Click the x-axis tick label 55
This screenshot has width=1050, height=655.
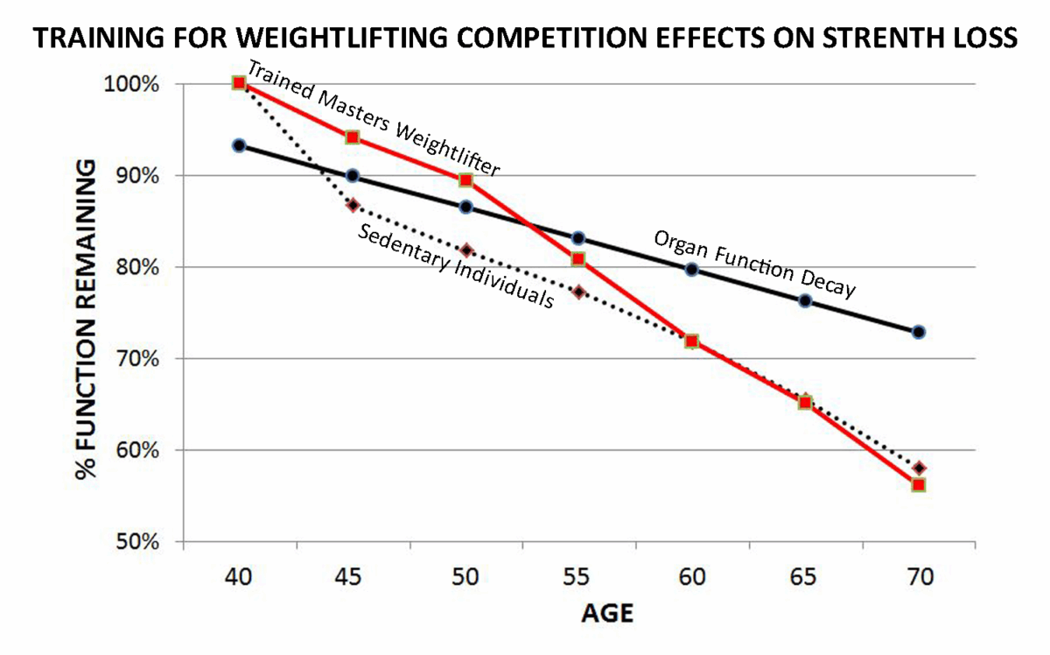577,577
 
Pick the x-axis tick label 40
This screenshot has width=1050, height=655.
239,577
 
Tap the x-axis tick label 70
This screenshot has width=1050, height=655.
918,577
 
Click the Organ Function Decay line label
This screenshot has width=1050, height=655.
754,264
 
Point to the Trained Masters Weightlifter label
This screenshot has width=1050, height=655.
374,121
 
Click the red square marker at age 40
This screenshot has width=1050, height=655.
239,82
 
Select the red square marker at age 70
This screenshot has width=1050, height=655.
918,484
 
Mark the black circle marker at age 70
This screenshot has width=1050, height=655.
918,332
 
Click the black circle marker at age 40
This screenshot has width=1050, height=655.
239,145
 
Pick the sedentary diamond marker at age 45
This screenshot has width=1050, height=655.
353,205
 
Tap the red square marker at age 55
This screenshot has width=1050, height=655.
578,259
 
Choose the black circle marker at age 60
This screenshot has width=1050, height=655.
691,270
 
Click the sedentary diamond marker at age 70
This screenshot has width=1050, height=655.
918,468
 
